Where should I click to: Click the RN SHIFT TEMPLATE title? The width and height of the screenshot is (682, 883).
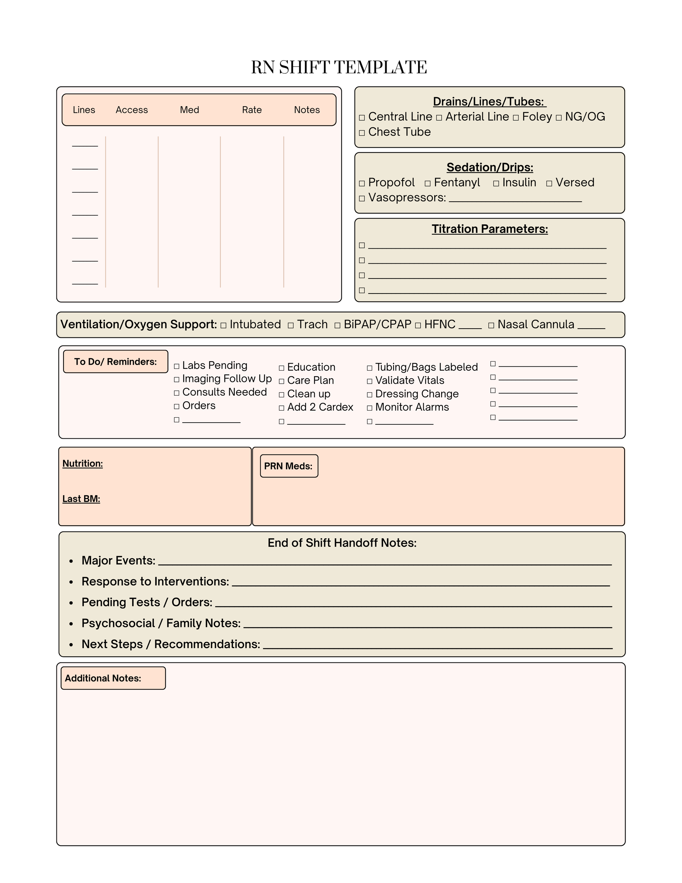339,67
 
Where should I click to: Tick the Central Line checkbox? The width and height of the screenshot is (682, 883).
362,118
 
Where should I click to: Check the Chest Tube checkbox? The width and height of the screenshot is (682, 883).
362,133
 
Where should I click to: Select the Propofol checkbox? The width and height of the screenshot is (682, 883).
362,183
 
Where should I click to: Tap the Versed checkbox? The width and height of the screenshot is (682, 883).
549,183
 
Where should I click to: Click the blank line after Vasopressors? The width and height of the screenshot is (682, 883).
515,199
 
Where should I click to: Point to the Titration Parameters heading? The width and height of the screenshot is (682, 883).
490,229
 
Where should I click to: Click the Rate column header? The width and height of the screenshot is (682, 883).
252,110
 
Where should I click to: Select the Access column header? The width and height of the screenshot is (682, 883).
132,110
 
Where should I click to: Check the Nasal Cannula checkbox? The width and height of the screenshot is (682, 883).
491,325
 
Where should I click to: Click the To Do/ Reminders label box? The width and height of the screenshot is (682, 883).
116,362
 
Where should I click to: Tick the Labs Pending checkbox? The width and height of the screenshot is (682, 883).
177,366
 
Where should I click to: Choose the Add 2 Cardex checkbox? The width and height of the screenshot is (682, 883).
282,408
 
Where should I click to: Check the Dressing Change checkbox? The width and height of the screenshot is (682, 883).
370,395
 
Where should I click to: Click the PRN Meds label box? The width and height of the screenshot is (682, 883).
289,466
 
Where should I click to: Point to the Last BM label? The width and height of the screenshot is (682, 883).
81,499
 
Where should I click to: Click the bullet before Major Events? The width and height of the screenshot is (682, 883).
71,561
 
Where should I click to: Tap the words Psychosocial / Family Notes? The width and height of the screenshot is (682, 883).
161,624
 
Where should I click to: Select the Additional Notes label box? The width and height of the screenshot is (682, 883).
113,678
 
